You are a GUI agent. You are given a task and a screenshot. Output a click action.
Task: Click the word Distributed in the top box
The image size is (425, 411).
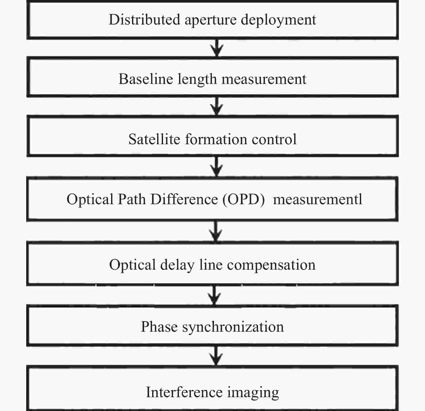point(144,20)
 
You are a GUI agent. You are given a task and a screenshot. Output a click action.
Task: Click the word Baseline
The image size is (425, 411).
point(146,79)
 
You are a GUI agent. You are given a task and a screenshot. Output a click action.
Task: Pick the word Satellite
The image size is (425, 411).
point(154,139)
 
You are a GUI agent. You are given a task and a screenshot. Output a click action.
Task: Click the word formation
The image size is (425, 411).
point(216,139)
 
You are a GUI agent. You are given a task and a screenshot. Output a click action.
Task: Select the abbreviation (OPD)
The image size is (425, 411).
point(244,200)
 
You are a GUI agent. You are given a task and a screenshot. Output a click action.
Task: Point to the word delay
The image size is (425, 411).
point(177,266)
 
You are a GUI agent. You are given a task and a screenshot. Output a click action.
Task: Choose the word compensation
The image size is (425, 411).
point(272,266)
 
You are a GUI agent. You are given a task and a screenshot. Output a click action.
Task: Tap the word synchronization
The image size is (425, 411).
point(233,328)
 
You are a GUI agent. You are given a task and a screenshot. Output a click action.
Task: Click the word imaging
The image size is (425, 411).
point(253,393)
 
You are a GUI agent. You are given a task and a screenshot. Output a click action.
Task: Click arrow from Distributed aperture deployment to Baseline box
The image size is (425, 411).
point(217,48)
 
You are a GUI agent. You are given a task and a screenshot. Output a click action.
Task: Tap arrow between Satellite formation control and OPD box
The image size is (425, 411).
point(217,167)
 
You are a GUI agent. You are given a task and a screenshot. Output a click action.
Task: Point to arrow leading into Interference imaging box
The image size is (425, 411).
point(216,356)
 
